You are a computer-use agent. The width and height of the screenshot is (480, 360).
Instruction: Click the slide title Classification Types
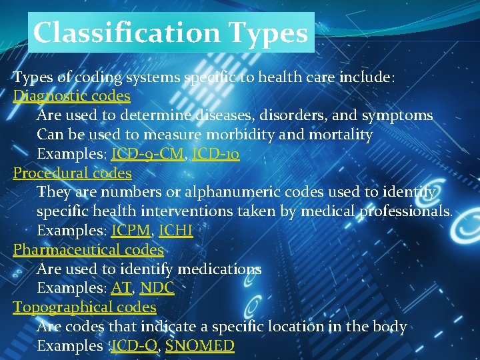point(171,32)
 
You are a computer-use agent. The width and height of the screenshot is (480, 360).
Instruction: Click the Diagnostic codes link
point(72,96)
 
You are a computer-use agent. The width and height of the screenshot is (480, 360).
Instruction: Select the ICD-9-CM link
point(147,154)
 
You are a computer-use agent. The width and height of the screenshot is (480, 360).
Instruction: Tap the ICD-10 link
point(215,154)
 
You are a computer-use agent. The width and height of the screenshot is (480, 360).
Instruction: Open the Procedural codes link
point(73,173)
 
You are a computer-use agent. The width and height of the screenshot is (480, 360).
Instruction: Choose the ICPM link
point(131,231)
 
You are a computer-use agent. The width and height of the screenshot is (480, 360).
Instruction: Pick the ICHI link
point(175,231)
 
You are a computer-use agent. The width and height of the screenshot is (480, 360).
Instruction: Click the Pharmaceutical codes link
point(89,250)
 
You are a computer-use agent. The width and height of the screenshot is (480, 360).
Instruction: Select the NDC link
point(157,289)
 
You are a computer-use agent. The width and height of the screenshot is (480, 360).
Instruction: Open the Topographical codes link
point(85,307)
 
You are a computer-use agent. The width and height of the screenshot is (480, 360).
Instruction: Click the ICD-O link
point(135,346)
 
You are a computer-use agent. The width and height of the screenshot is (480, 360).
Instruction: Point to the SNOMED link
point(200,346)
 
